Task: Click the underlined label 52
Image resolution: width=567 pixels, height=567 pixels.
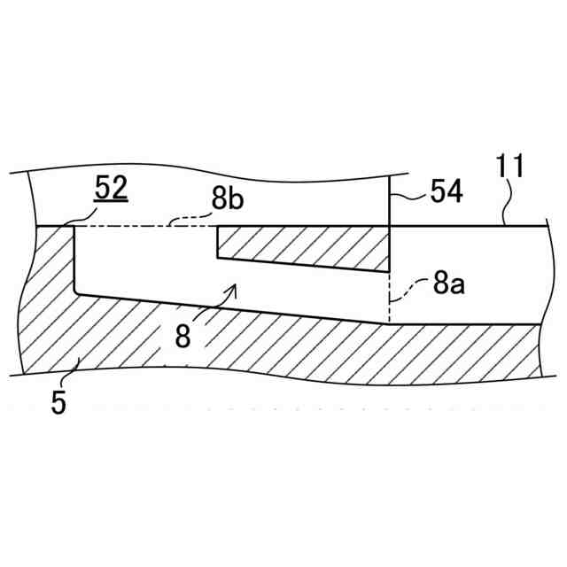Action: pos(112,188)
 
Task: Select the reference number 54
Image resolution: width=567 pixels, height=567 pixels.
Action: pos(447,191)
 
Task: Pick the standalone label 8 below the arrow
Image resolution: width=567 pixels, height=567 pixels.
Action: pos(182,337)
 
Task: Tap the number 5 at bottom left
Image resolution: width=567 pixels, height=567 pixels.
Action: pos(58,403)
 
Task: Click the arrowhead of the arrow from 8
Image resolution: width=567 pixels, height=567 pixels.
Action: pos(235,287)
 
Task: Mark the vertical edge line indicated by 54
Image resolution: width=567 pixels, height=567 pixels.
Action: pos(391,199)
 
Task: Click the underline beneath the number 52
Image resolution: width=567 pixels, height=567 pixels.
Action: pos(112,202)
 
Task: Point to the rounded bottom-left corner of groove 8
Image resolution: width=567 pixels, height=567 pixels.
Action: pos(77,291)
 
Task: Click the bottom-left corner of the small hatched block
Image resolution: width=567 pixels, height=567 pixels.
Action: pos(218,258)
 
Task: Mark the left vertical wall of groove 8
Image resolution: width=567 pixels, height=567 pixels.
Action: pos(74,257)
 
